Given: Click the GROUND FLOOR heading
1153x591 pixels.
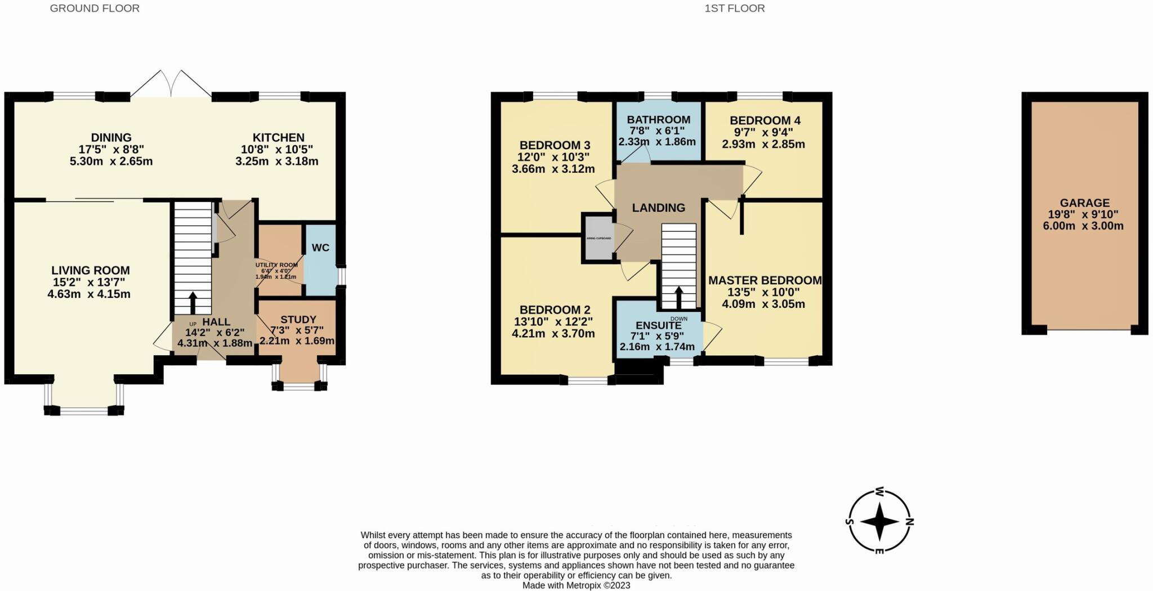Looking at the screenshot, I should tap(95, 8).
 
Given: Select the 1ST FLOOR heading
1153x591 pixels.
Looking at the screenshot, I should tap(734, 8).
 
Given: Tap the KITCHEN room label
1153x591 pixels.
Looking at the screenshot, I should tap(278, 138).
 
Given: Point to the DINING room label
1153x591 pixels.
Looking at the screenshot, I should tap(111, 138).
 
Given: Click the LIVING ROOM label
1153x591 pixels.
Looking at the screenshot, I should tap(91, 271).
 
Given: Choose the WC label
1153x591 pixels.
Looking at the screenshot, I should tap(320, 248).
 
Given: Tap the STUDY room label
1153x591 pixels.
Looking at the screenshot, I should tap(298, 320).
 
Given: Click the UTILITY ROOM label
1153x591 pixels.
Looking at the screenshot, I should tap(276, 265).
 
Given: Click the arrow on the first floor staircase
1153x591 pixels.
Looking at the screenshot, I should tap(678, 297).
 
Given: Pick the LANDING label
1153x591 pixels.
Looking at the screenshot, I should tap(658, 208).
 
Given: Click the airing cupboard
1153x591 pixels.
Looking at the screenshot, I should tap(598, 238).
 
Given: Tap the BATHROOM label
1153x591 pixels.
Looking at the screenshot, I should tap(658, 120).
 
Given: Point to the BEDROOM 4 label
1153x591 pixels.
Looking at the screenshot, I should tap(765, 120).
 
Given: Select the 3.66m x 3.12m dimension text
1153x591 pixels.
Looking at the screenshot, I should tap(553, 169).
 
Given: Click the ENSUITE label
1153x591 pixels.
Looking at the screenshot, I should tap(658, 326).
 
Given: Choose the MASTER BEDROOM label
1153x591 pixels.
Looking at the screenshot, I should tap(765, 280).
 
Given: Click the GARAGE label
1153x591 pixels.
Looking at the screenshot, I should tap(1084, 203).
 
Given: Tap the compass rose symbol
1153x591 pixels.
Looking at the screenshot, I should tap(879, 521).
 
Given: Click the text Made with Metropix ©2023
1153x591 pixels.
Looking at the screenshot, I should tap(576, 585).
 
